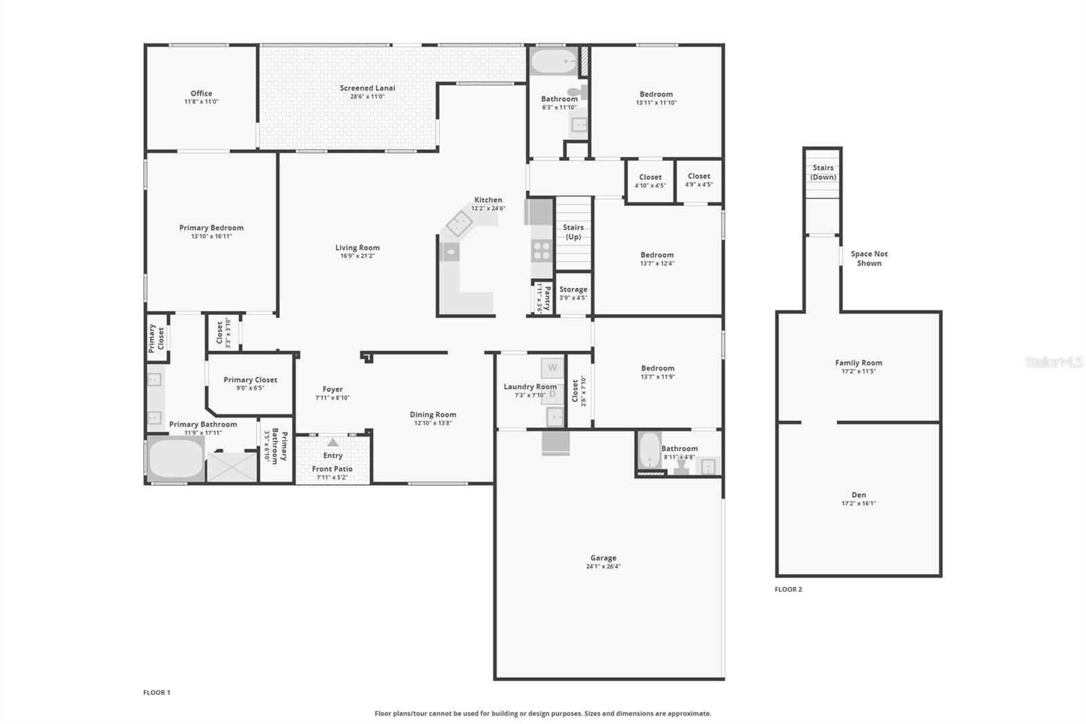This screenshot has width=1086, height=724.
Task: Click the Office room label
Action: pyautogui.click(x=201, y=93)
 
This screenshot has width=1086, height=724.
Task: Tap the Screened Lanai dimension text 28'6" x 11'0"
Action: pyautogui.click(x=367, y=96)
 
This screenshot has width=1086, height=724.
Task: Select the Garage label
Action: pyautogui.click(x=603, y=558)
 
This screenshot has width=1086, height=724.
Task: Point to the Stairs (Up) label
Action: pyautogui.click(x=573, y=232)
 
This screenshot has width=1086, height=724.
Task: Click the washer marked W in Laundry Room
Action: pyautogui.click(x=553, y=368)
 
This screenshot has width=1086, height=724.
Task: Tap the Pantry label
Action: pyautogui.click(x=547, y=298)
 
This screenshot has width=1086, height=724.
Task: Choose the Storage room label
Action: pyautogui.click(x=573, y=289)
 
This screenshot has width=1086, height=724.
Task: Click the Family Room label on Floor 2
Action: pyautogui.click(x=859, y=363)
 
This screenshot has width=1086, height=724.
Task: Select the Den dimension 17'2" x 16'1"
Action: pyautogui.click(x=859, y=503)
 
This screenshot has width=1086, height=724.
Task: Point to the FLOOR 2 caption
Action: pyautogui.click(x=788, y=589)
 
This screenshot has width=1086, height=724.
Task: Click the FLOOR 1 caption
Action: pyautogui.click(x=157, y=693)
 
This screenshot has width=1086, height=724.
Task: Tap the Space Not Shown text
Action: pyautogui.click(x=869, y=258)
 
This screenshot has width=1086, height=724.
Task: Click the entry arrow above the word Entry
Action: pyautogui.click(x=333, y=442)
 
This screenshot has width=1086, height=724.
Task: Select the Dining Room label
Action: pyautogui.click(x=433, y=414)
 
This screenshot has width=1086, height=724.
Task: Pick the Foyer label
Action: pyautogui.click(x=333, y=389)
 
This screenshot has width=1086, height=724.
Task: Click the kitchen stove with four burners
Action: pyautogui.click(x=542, y=251)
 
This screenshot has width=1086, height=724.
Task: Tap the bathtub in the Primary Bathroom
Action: pyautogui.click(x=176, y=458)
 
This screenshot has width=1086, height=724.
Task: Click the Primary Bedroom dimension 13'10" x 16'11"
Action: pyautogui.click(x=211, y=236)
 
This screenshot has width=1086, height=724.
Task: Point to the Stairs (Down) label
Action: pyautogui.click(x=823, y=173)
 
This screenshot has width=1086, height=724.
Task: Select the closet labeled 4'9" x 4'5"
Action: pyautogui.click(x=698, y=180)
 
